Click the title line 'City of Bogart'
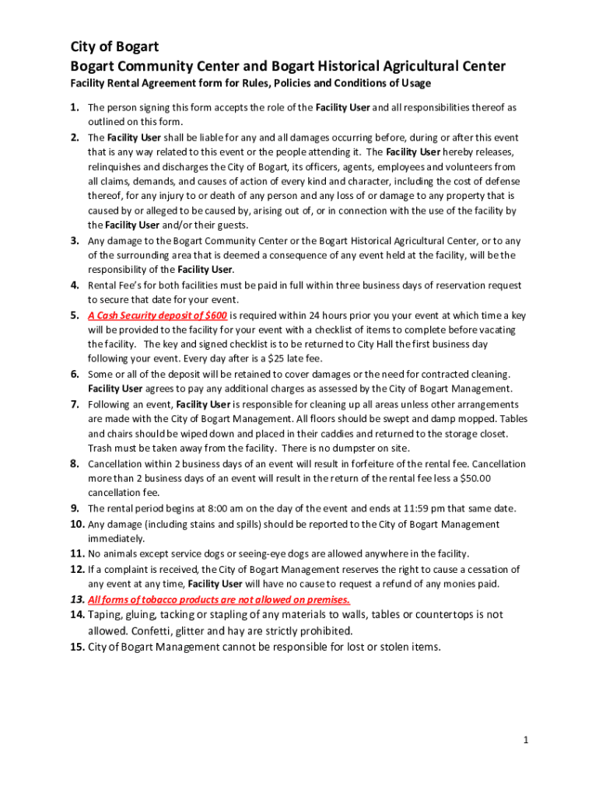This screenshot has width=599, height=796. click(114, 47)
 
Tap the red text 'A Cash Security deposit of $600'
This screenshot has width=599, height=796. click(157, 316)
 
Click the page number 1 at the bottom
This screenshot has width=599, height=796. click(526, 740)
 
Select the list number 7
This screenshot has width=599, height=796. click(75, 404)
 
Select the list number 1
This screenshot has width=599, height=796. click(75, 107)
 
